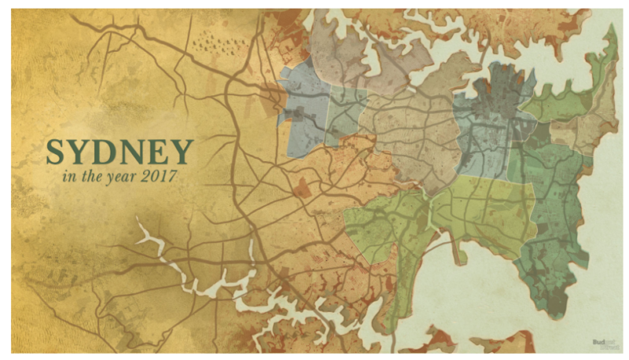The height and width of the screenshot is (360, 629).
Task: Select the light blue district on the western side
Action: tap(303, 110)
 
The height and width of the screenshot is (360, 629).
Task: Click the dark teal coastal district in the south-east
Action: tap(554, 236)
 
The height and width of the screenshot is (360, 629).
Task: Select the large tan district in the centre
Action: tap(413, 134)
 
